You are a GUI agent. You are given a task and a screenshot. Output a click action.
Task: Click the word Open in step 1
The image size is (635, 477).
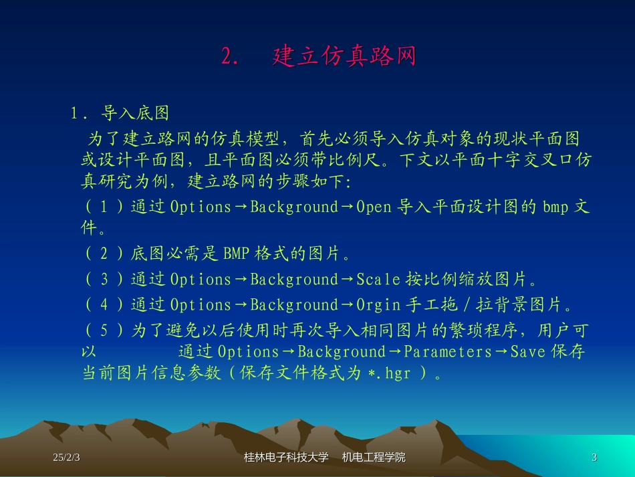pyautogui.click(x=374, y=207)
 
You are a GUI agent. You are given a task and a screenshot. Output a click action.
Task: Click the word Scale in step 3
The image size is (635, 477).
pyautogui.click(x=378, y=280)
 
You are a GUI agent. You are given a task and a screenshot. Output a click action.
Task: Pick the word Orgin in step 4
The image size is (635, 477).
pyautogui.click(x=378, y=305)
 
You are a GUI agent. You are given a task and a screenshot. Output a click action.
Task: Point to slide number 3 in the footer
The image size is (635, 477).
pyautogui.click(x=594, y=458)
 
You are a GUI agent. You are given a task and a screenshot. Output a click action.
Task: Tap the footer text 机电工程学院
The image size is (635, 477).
pyautogui.click(x=374, y=458)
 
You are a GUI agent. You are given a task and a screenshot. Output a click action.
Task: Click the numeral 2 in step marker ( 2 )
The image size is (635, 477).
pyautogui.click(x=104, y=254)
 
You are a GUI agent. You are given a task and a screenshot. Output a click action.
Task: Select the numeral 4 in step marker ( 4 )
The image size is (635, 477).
pyautogui.click(x=104, y=305)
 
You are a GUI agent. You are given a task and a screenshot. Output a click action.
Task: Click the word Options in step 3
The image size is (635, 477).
pyautogui.click(x=201, y=280)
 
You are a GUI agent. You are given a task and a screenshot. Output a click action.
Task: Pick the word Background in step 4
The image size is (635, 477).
pyautogui.click(x=294, y=305)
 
